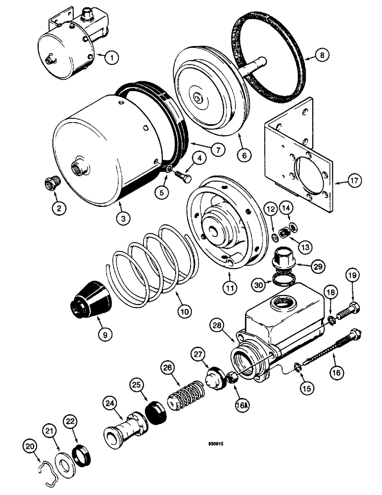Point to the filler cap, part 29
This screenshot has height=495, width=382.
[x=284, y=257]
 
